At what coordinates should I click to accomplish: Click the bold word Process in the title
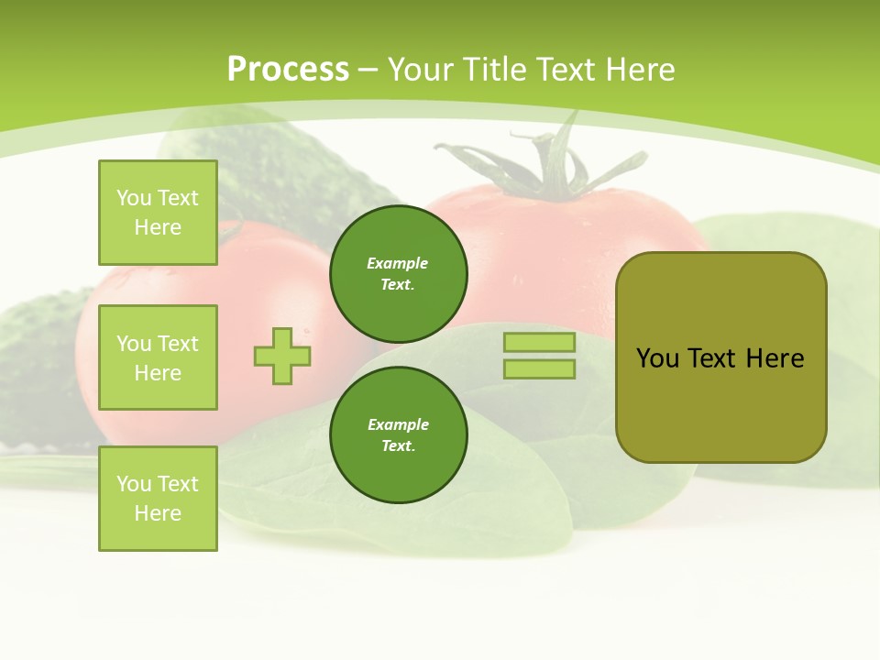coord(288,69)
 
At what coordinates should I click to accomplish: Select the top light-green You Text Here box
coord(158,213)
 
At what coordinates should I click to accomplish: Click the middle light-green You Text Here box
coord(158,357)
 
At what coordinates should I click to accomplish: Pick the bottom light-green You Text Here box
coord(158,499)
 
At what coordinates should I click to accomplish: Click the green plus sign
coord(282,356)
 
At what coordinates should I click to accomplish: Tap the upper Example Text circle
coord(399,273)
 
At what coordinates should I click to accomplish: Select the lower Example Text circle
coord(399,434)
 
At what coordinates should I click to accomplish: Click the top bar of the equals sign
coord(539,343)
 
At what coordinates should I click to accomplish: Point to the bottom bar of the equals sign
coord(539,369)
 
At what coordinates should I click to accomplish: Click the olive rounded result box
coord(720,403)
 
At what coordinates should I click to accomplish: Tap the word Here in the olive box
coord(775,358)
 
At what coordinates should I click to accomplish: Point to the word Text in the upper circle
coord(398,284)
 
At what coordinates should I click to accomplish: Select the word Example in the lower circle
coord(398,424)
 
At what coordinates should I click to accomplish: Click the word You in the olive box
coord(657,358)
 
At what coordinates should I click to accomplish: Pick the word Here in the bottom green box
coord(158,513)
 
